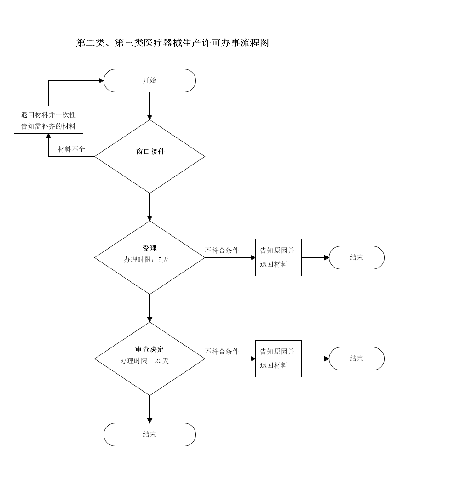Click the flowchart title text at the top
[172, 43]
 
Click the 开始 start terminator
[149, 80]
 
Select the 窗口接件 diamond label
[150, 152]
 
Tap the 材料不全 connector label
[71, 149]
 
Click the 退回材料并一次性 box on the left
[48, 120]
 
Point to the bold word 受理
[149, 248]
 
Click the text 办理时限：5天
[146, 260]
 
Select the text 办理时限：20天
[144, 361]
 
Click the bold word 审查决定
[149, 349]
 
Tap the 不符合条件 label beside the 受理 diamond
[222, 250]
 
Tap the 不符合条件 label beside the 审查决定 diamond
[222, 352]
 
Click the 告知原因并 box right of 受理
[278, 257]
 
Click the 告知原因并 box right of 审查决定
[278, 359]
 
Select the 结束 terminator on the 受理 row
[356, 257]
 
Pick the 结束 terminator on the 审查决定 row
[356, 359]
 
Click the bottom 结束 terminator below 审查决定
[149, 434]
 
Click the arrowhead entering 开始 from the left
[101, 80]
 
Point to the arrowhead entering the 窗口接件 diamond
[149, 117]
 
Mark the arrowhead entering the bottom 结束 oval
[149, 421]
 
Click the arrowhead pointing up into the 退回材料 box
[48, 136]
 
